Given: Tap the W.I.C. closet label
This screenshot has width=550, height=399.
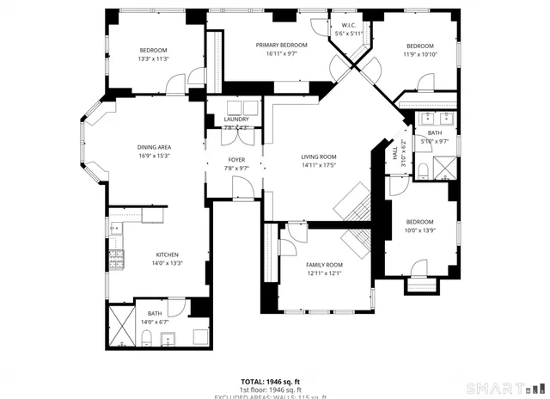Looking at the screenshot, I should (348, 26).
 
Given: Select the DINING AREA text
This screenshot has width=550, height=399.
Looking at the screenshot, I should (154, 147).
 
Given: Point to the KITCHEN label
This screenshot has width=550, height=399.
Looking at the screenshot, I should (167, 255).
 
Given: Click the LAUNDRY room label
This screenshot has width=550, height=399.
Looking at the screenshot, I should (236, 119).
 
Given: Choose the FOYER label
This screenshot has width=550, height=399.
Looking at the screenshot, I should (236, 160).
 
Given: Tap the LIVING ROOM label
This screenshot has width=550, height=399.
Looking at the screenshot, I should (318, 157).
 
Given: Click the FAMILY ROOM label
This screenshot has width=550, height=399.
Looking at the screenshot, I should (324, 265).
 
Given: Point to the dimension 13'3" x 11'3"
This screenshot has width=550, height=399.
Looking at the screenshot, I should (153, 59).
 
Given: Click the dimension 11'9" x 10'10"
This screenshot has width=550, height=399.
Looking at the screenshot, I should (419, 54).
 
